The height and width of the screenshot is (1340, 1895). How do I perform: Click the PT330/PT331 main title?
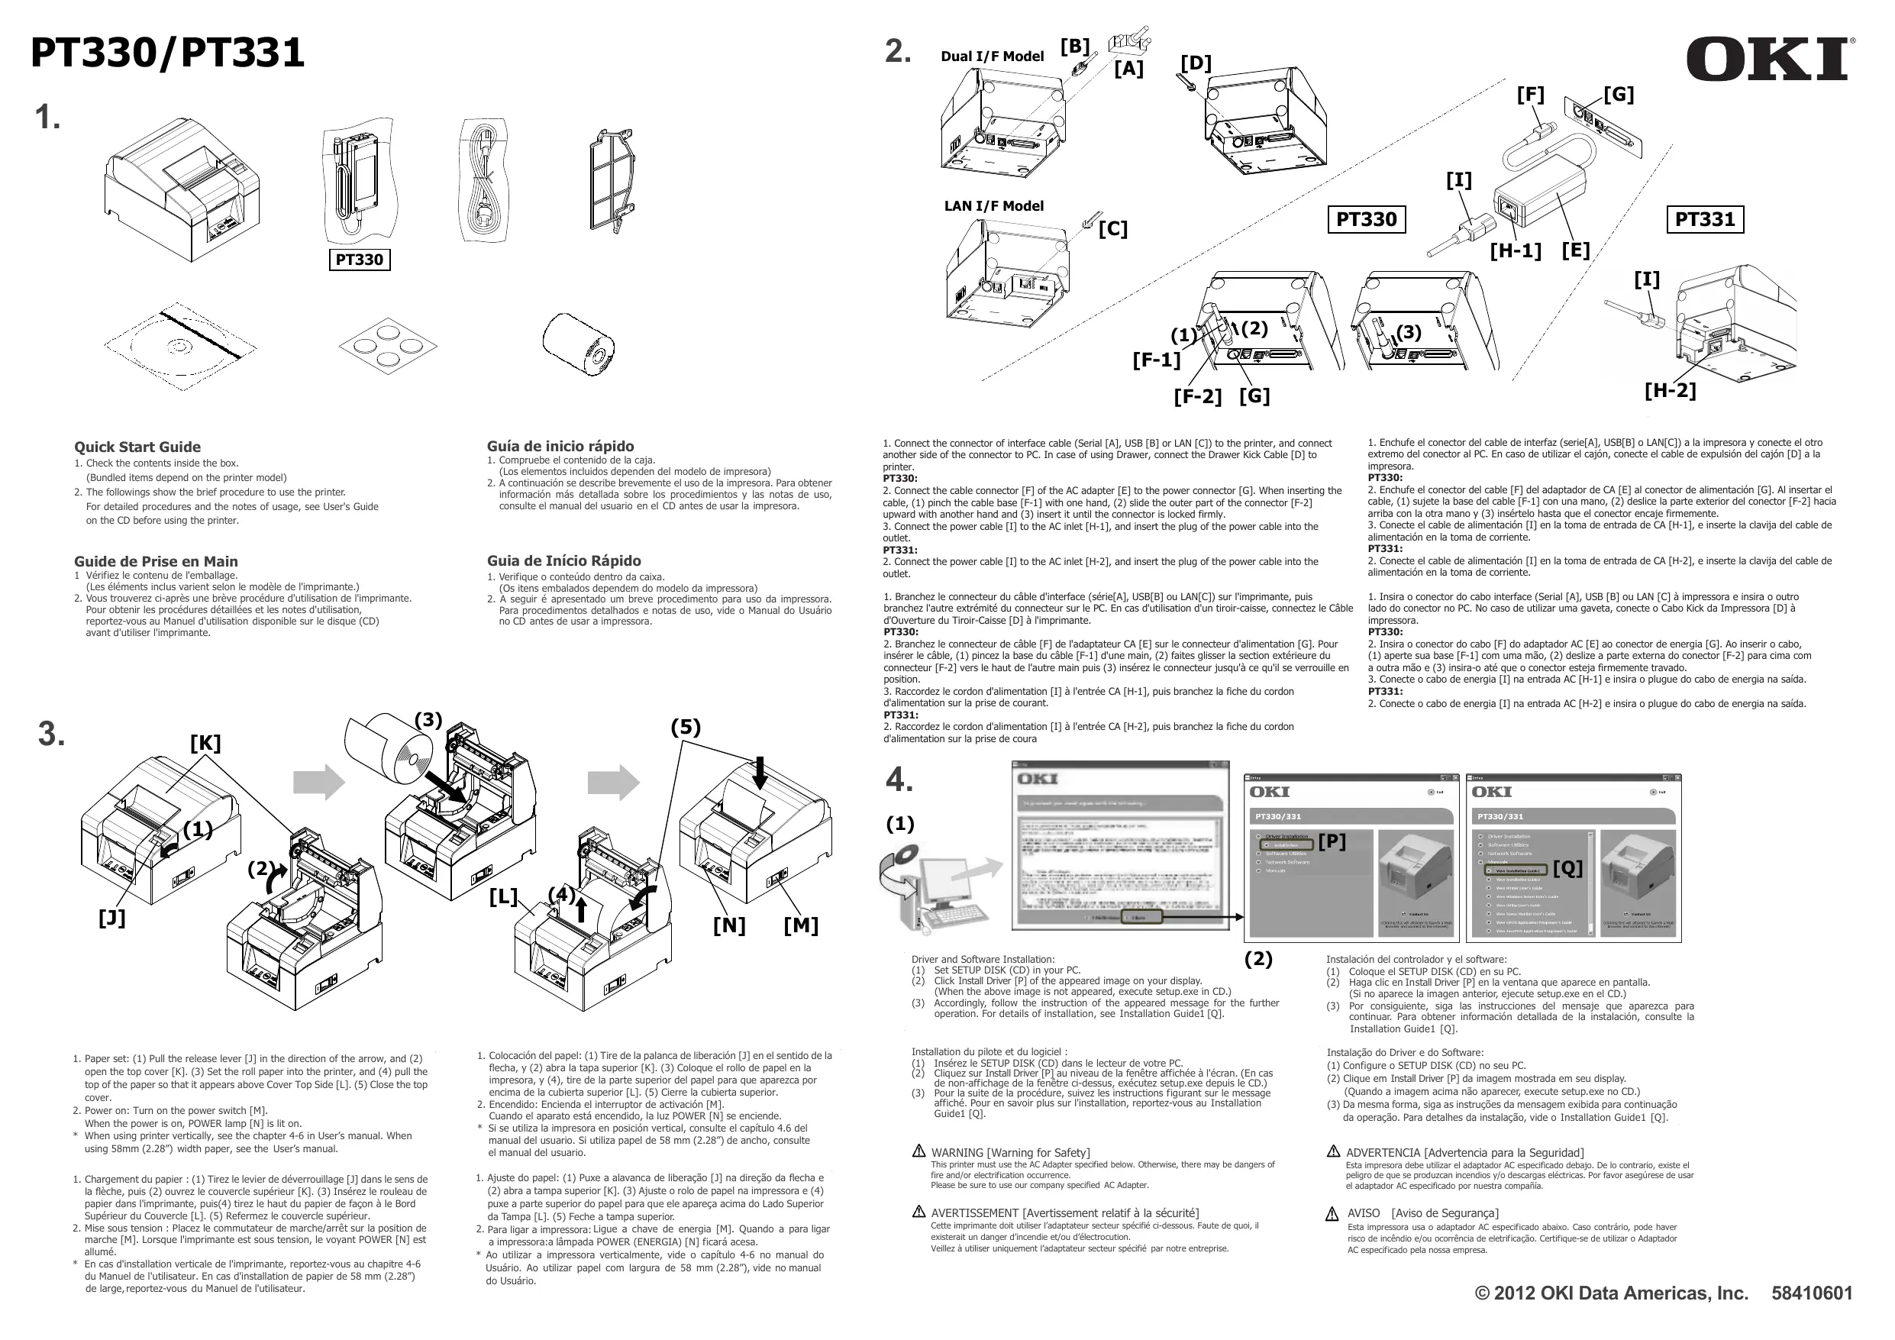coord(167,53)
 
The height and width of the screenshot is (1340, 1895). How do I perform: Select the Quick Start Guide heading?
coord(138,447)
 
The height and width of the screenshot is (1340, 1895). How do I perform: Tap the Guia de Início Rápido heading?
coord(563,560)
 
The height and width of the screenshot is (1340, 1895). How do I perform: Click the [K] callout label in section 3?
coord(205,743)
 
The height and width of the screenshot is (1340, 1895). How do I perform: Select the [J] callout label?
coord(112,917)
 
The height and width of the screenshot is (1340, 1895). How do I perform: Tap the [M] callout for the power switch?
coord(801,925)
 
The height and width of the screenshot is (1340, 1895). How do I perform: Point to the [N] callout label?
coord(729,925)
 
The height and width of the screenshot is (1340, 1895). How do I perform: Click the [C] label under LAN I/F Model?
coord(1112,229)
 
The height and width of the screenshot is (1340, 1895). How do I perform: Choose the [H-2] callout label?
coord(1670,389)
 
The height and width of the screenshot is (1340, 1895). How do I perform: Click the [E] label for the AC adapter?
coord(1575,250)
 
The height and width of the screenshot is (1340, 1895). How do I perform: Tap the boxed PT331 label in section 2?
coord(1704,219)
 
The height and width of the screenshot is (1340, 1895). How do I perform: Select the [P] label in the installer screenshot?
coord(1332,841)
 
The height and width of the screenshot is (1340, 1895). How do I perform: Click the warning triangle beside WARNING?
coord(918,1151)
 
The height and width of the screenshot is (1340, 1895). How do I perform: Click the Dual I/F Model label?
coord(992,57)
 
